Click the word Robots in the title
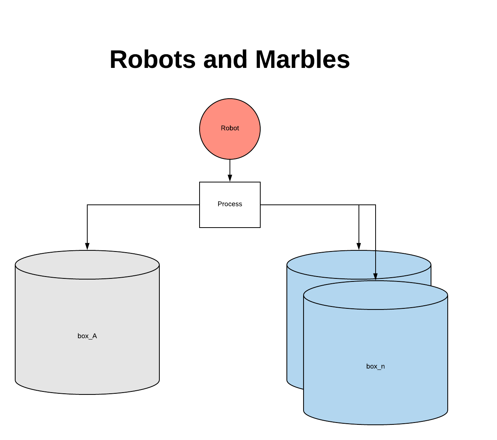point(153,60)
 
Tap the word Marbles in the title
point(302,60)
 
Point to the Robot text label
point(230,128)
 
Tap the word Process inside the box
point(230,204)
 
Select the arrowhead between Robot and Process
point(230,178)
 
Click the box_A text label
point(87,336)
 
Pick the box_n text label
point(376,366)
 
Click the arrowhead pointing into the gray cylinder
point(87,246)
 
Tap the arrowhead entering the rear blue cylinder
point(359,246)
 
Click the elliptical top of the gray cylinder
point(87,265)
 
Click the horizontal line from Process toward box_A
point(144,205)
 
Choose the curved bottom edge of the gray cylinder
point(87,394)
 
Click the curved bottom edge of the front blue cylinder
point(376,424)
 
